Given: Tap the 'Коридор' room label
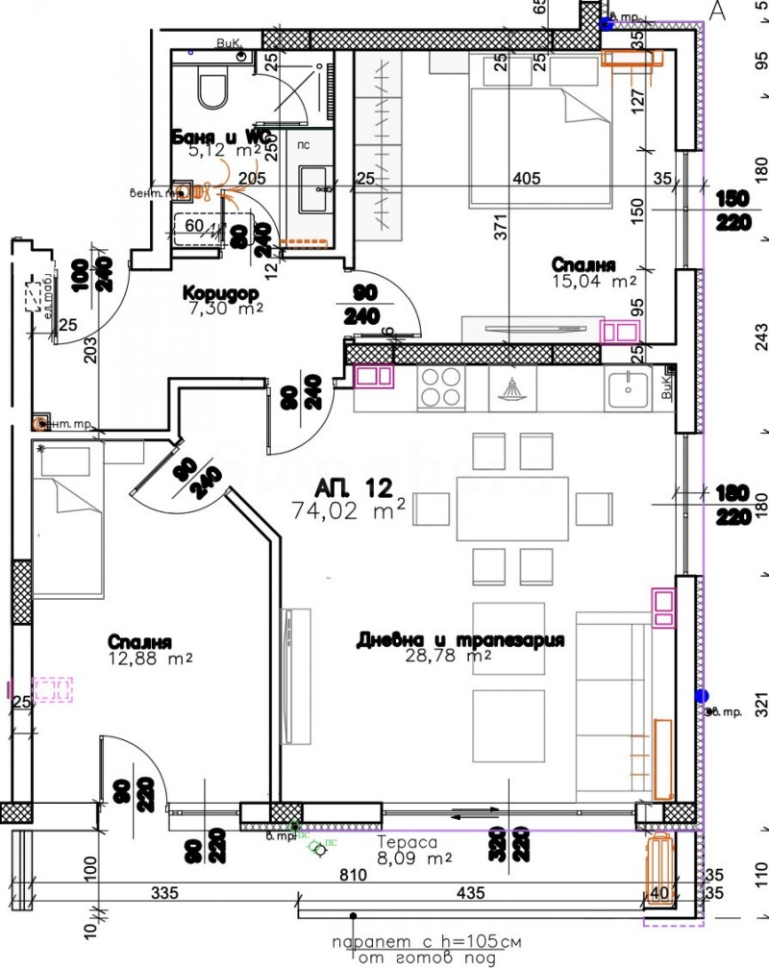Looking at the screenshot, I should [217, 292].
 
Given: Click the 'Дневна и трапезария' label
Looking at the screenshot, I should [459, 640].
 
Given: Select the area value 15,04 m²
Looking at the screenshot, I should [593, 282].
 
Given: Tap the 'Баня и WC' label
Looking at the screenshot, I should [217, 136].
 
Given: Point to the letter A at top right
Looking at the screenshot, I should [716, 11].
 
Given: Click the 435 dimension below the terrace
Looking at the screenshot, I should [470, 894].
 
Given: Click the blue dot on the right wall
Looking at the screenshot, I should [702, 695].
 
